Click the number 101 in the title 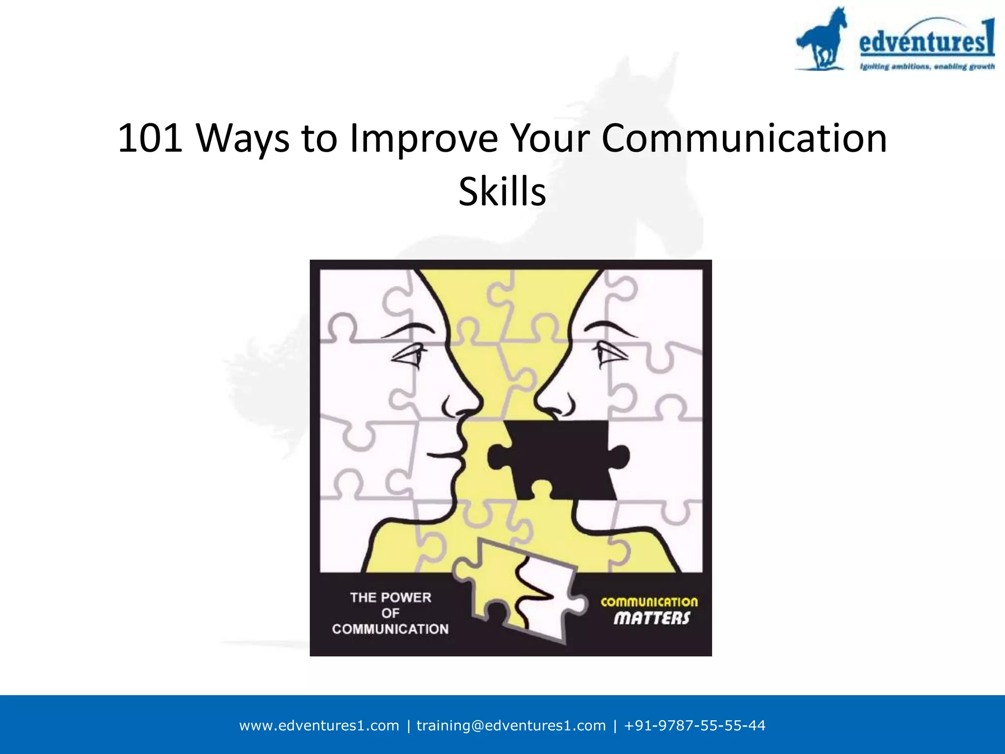click(151, 139)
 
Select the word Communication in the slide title click(744, 139)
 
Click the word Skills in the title click(502, 191)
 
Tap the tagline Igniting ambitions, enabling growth click(927, 67)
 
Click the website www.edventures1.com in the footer click(319, 726)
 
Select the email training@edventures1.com click(511, 726)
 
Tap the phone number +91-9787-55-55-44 click(694, 726)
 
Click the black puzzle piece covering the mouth click(559, 459)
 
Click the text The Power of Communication click(390, 613)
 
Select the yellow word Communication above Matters click(649, 602)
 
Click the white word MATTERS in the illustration click(652, 619)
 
